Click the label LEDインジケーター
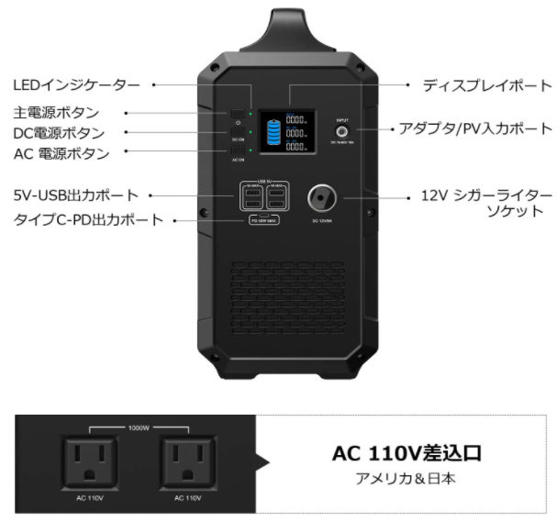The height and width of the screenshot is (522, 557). [x=77, y=85]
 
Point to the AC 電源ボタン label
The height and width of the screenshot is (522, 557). [x=61, y=153]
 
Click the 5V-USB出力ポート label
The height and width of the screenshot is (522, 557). [x=76, y=195]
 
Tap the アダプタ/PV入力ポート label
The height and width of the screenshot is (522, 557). [x=475, y=128]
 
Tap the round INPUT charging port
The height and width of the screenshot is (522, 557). [x=342, y=131]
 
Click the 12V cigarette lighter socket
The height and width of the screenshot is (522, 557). [x=322, y=196]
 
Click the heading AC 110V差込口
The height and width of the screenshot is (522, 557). [x=406, y=454]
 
